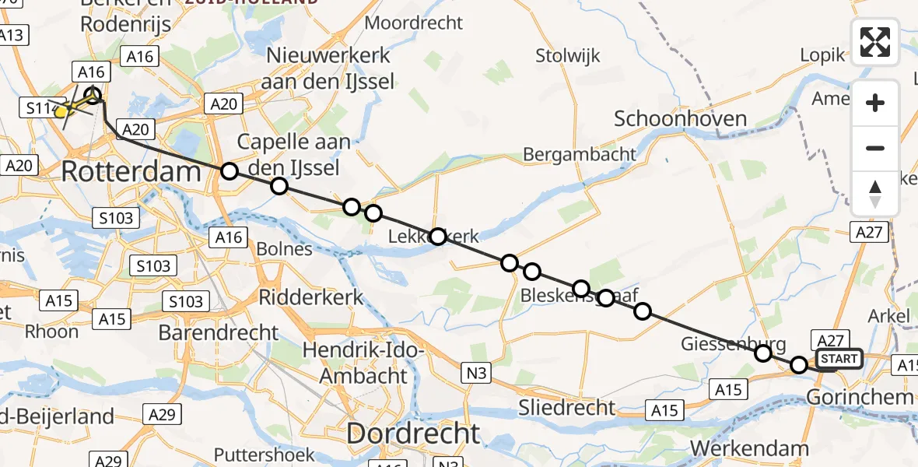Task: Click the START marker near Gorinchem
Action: click(839, 359)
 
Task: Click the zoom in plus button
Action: click(875, 104)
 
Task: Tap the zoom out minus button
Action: click(875, 149)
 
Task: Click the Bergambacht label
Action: click(580, 154)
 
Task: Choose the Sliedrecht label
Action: click(566, 407)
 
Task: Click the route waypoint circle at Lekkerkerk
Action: click(438, 237)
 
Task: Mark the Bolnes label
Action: click(285, 250)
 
